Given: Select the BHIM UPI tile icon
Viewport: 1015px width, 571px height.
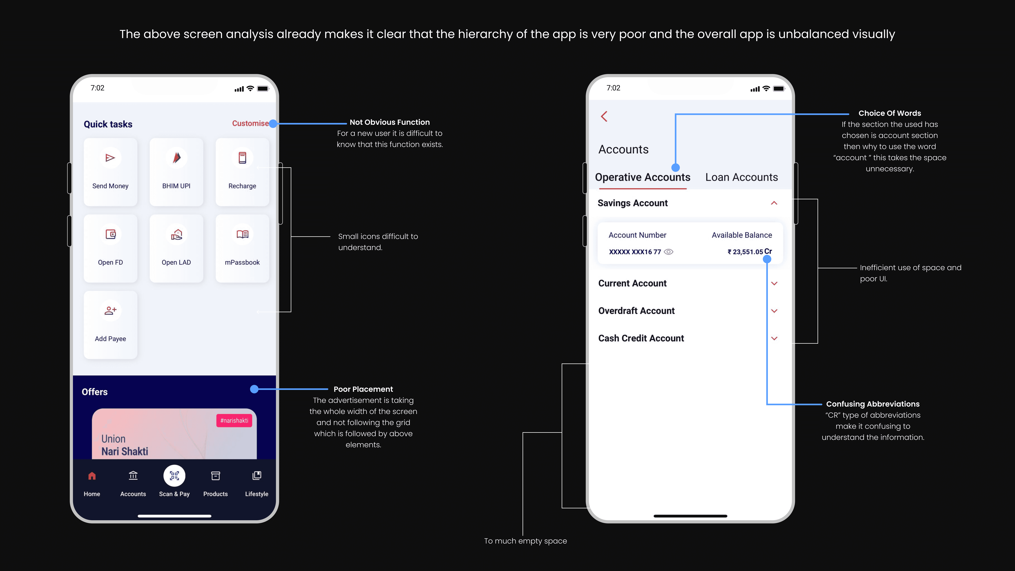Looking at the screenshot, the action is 177,158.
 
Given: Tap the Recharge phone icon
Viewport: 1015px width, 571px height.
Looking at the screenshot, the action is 242,158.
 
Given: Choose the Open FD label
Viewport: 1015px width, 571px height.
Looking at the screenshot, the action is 110,263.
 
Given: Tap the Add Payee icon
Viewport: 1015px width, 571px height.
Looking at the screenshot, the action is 110,310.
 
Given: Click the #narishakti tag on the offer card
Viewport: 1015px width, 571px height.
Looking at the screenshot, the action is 234,420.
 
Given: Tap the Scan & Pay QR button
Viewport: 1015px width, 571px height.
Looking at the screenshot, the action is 174,476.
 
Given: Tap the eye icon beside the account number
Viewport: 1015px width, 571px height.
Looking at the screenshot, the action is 669,252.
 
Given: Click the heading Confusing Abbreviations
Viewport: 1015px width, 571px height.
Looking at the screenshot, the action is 873,404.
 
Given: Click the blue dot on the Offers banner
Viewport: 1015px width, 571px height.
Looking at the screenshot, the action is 255,389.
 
